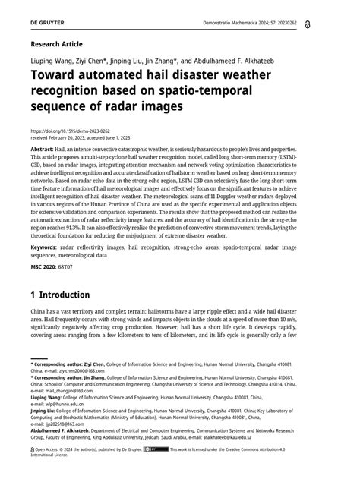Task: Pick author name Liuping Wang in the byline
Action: click(x=54, y=60)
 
